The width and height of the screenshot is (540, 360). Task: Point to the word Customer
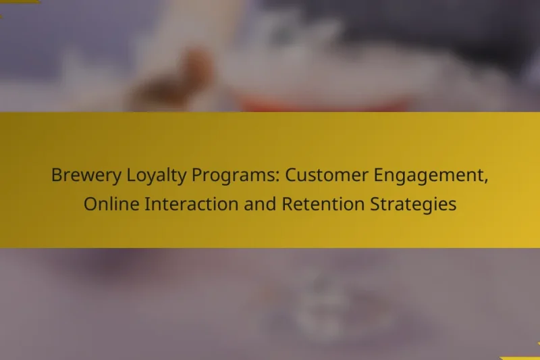323,176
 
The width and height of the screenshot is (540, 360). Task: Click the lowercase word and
250,204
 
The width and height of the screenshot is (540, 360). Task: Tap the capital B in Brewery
56,176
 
